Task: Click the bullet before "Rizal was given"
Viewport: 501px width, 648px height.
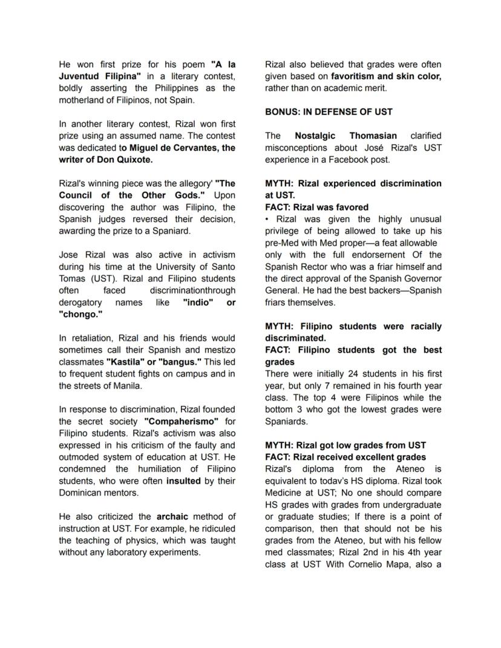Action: tap(267, 219)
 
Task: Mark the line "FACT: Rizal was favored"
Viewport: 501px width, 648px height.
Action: tap(316, 207)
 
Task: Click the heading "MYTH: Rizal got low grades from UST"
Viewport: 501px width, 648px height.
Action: tap(345, 445)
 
